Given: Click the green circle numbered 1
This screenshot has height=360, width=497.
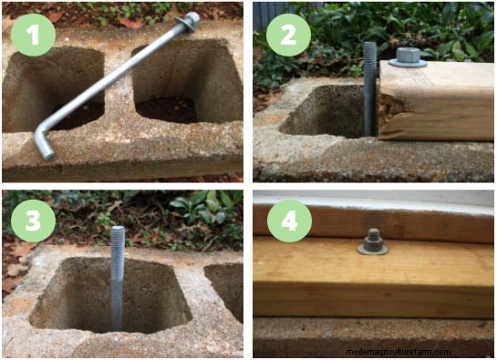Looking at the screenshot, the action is click(x=33, y=35).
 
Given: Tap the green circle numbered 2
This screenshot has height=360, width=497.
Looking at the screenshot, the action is click(x=288, y=35).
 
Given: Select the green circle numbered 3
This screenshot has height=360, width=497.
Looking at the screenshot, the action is click(x=33, y=221).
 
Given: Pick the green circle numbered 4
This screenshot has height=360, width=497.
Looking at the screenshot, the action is click(x=289, y=221).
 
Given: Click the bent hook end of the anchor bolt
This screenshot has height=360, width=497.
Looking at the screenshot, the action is click(x=43, y=142).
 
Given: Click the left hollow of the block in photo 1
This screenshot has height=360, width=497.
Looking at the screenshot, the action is click(x=53, y=88).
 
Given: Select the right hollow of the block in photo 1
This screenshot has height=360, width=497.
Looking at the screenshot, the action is click(x=187, y=82).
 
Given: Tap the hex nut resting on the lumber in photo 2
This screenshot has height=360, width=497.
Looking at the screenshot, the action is click(x=408, y=57).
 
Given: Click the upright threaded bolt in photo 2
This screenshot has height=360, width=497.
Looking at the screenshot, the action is click(x=370, y=88).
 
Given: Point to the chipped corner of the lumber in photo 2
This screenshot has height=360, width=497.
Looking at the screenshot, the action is click(x=388, y=111).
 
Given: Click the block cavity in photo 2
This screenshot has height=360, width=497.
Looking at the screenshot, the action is click(x=326, y=111).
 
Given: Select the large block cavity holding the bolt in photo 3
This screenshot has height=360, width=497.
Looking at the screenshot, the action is click(x=111, y=294).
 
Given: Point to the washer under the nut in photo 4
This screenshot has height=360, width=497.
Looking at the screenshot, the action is click(x=373, y=250).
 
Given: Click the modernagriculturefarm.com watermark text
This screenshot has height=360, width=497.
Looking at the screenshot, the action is click(x=399, y=352).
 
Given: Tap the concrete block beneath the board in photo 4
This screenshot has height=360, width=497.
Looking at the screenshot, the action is click(x=373, y=337).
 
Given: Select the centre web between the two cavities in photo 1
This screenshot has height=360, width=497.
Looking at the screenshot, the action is click(x=118, y=95).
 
